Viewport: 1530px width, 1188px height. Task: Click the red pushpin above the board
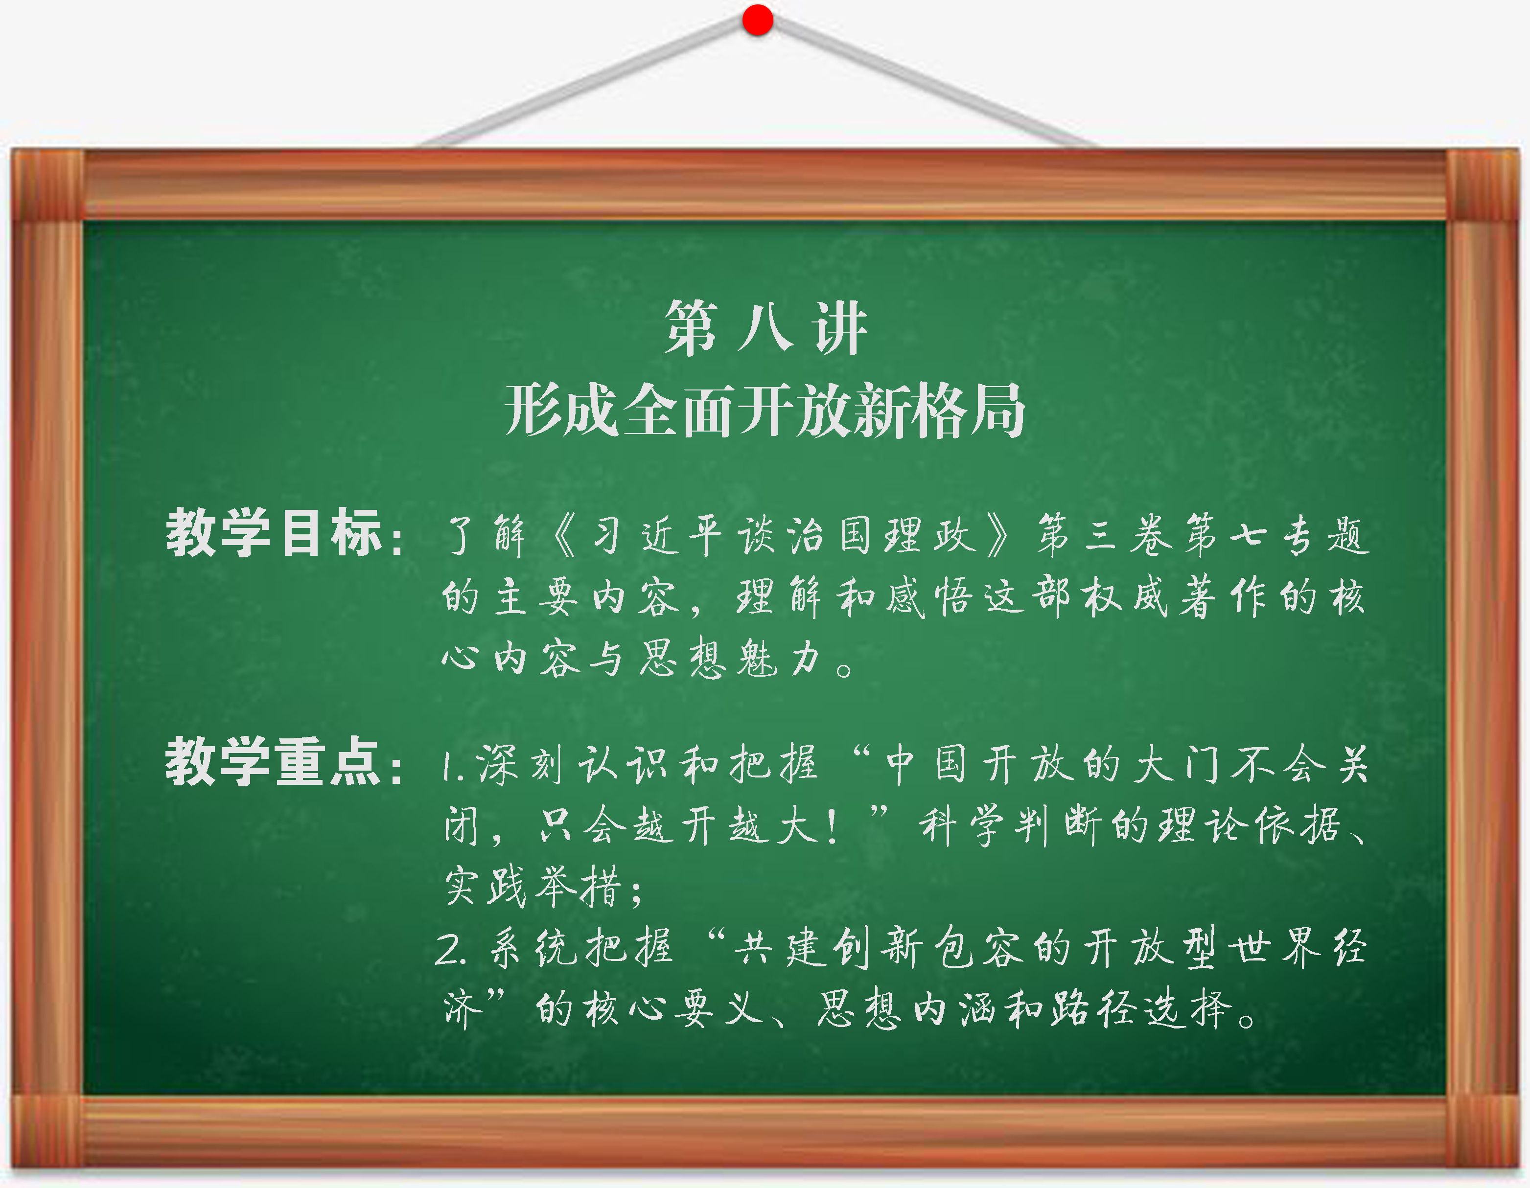point(757,19)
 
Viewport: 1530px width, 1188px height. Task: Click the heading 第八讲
point(765,328)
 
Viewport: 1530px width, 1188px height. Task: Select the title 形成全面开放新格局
point(765,411)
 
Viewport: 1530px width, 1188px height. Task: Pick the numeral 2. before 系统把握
point(450,950)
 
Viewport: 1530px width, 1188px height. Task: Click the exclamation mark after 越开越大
point(832,828)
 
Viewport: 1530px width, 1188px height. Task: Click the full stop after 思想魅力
point(845,668)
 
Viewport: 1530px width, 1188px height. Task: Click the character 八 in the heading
point(765,328)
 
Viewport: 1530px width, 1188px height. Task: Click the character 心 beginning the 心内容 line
point(460,659)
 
